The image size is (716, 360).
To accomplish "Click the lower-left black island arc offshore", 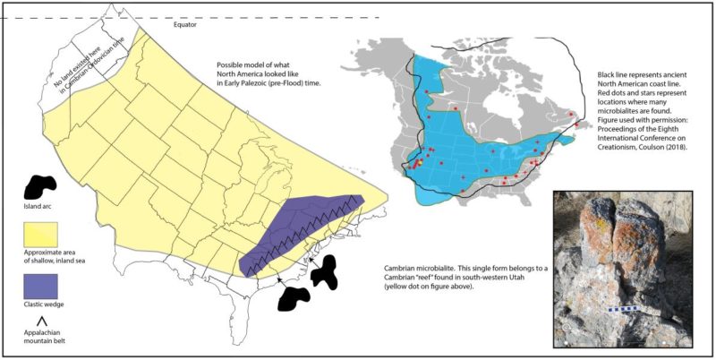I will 294,298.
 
